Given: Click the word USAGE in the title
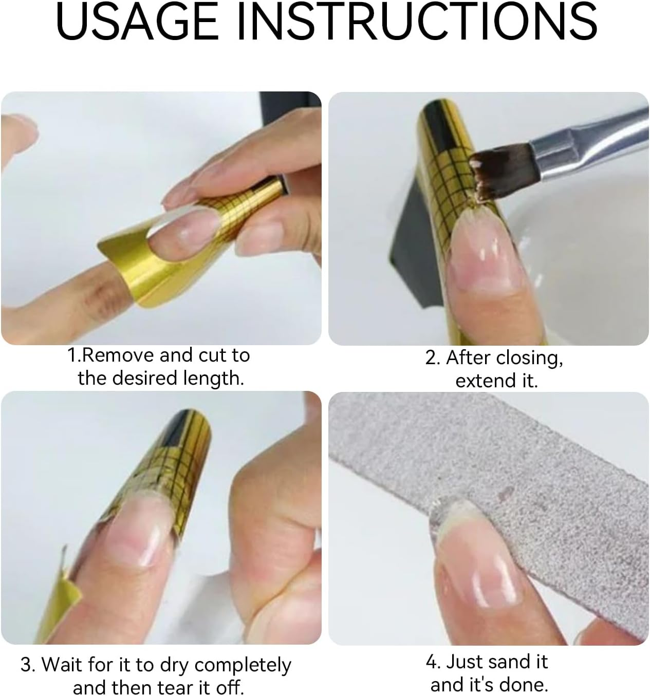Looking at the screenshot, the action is click(x=137, y=22).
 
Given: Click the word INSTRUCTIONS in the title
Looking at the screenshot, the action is click(x=417, y=22).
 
